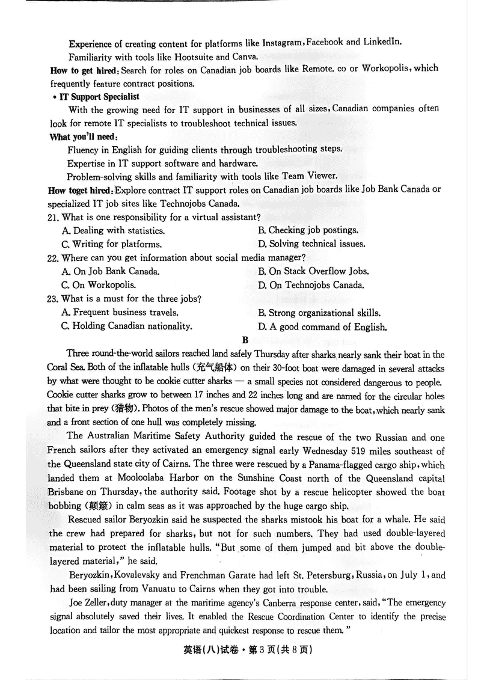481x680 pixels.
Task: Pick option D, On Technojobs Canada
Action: tap(311, 285)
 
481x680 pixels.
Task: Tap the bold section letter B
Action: tap(245, 340)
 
